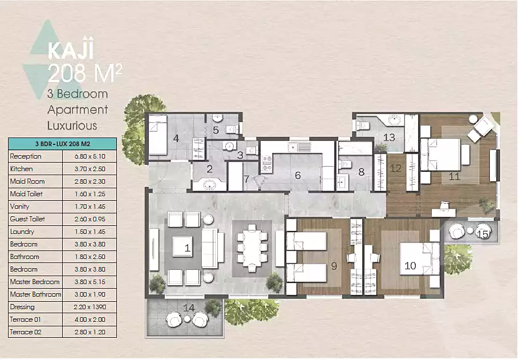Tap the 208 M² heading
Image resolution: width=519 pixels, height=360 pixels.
pyautogui.click(x=85, y=74)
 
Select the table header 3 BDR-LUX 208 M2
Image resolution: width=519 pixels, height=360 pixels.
pyautogui.click(x=63, y=144)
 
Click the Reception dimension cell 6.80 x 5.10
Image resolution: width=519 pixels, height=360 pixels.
pyautogui.click(x=90, y=156)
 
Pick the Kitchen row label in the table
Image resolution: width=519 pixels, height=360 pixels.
pyautogui.click(x=22, y=169)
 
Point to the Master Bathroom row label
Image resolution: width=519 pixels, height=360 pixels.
pyautogui.click(x=35, y=294)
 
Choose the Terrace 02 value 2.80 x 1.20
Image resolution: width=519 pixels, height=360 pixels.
pyautogui.click(x=90, y=332)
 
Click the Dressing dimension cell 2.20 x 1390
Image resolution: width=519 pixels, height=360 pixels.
pyautogui.click(x=90, y=307)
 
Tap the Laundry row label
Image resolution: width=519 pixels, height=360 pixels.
pyautogui.click(x=22, y=232)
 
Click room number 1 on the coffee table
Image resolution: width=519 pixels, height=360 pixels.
pyautogui.click(x=187, y=248)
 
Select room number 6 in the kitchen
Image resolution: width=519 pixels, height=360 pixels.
pyautogui.click(x=298, y=175)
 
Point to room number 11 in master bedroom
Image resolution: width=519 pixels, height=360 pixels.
pyautogui.click(x=454, y=176)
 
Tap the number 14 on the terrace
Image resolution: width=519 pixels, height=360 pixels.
pyautogui.click(x=189, y=308)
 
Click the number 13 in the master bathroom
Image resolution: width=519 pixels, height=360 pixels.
pyautogui.click(x=389, y=137)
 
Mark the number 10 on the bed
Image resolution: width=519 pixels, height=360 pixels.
pyautogui.click(x=410, y=266)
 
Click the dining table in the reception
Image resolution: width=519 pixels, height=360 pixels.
pyautogui.click(x=252, y=245)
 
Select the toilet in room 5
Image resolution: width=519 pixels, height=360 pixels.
pyautogui.click(x=232, y=129)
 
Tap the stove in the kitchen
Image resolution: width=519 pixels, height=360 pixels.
pyautogui.click(x=267, y=164)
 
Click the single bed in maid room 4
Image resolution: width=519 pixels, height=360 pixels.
pyautogui.click(x=157, y=135)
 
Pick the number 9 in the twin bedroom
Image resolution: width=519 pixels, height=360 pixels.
pyautogui.click(x=334, y=266)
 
